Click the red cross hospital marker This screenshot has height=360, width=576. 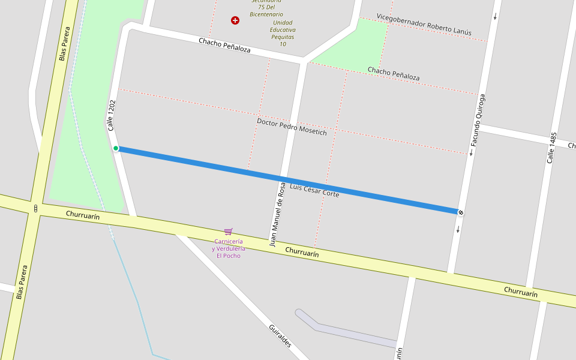tap(235, 20)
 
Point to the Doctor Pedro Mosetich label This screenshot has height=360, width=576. tap(292, 127)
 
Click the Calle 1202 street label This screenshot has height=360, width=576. tap(111, 115)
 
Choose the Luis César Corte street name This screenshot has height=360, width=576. tap(314, 191)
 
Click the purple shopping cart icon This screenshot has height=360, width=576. tap(228, 232)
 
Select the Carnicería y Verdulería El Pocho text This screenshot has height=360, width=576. tap(228, 248)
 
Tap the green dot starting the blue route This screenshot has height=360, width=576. tap(116, 148)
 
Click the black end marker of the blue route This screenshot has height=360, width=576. tap(460, 212)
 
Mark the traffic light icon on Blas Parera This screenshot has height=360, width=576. tap(36, 209)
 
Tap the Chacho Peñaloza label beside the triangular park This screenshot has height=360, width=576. tap(394, 74)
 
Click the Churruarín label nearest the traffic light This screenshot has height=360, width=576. tap(83, 215)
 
